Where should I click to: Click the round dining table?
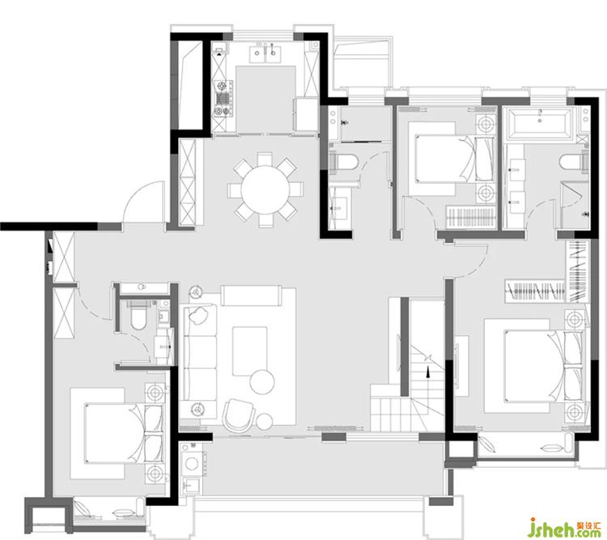point(265,189)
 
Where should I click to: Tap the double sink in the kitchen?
point(265,54)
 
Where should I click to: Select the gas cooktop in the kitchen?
point(223,99)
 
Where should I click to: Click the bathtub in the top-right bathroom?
point(540,123)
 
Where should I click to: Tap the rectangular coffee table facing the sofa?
point(250,351)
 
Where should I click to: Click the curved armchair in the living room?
point(238,415)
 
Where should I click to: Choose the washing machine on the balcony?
point(193,462)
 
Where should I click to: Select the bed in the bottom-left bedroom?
point(124,433)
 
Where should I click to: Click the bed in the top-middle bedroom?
point(454,159)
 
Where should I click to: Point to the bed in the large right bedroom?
point(543,366)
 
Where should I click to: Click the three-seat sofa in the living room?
point(200,351)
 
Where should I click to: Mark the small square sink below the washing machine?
point(191,485)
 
